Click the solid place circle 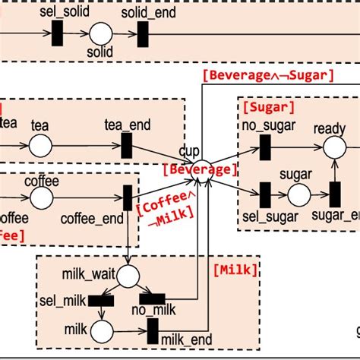pos(100,33)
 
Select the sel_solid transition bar pos(57,33)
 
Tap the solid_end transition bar pos(143,33)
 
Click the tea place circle pos(40,144)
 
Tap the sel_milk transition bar pos(101,300)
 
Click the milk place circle pos(101,331)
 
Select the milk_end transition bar pos(153,330)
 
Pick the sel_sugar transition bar pos(265,194)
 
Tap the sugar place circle pos(298,194)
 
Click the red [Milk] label pos(235,269)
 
